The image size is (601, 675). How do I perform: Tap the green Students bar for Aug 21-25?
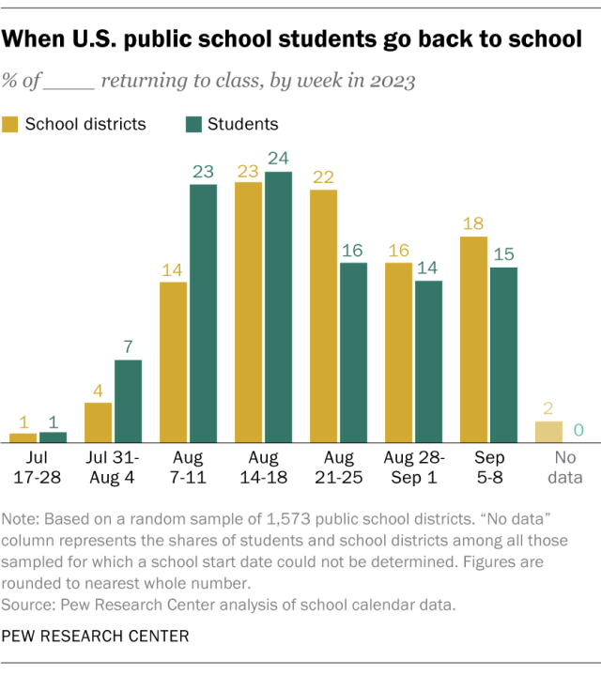click(x=353, y=352)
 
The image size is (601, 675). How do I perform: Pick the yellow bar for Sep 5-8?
click(x=473, y=339)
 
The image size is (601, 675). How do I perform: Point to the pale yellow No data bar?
click(x=548, y=432)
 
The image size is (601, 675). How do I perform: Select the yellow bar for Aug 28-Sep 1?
click(x=398, y=352)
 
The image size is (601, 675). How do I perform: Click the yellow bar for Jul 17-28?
click(x=23, y=437)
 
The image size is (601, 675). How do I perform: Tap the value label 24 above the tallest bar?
click(x=278, y=158)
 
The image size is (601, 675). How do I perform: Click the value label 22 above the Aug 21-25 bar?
click(x=323, y=176)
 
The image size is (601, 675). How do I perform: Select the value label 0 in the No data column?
click(x=578, y=429)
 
